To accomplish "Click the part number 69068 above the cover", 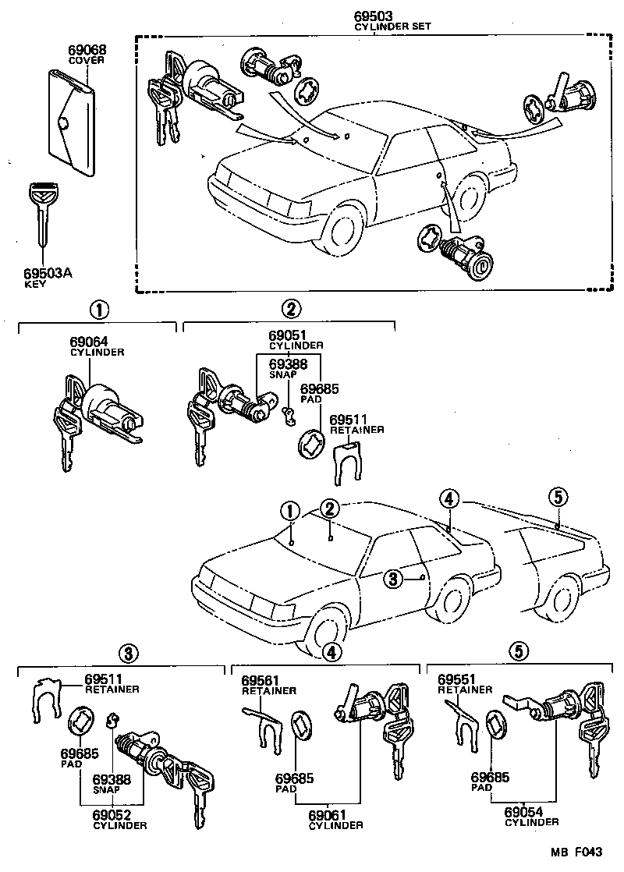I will [x=87, y=49].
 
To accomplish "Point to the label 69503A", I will [x=47, y=275].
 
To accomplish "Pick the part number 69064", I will [x=88, y=342].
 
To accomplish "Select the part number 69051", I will [x=288, y=335].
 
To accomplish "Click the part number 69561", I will [x=261, y=680].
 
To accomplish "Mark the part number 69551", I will [x=457, y=680].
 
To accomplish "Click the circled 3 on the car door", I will [x=393, y=578].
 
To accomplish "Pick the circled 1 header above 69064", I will [x=97, y=310].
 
